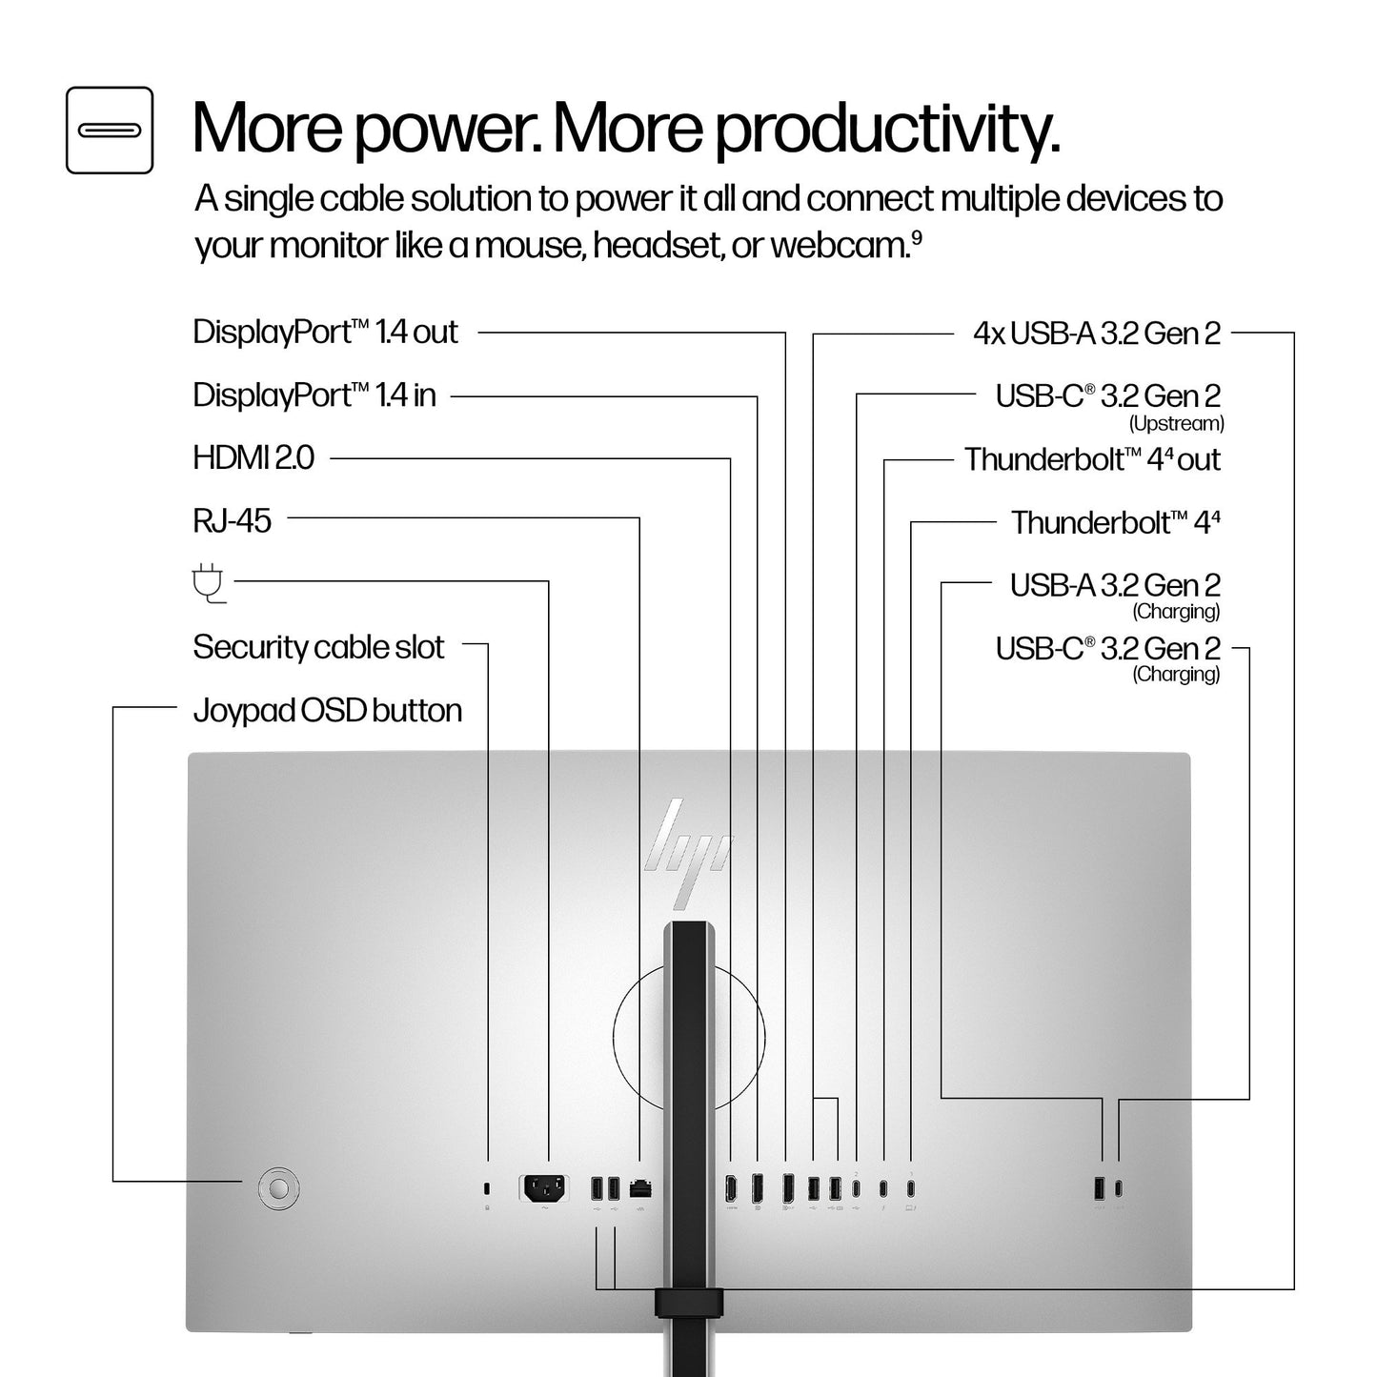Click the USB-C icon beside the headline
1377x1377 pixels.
(x=110, y=130)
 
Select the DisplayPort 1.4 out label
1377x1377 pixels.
(x=325, y=333)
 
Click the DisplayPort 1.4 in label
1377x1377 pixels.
(x=314, y=395)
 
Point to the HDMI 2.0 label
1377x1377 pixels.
(x=253, y=458)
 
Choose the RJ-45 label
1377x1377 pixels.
(x=233, y=521)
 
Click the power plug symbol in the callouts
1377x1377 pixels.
(x=209, y=584)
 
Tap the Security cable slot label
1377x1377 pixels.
(x=318, y=647)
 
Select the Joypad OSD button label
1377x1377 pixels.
(x=327, y=711)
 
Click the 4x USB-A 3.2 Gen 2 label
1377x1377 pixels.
(x=1097, y=334)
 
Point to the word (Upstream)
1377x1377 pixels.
(x=1176, y=424)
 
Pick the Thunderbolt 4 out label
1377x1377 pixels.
(x=1093, y=459)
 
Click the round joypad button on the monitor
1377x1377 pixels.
(x=278, y=1187)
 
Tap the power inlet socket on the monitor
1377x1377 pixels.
(x=544, y=1189)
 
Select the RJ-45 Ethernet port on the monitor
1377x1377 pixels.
(x=640, y=1189)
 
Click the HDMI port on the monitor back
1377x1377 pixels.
(x=731, y=1188)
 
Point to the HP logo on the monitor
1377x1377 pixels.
(x=687, y=853)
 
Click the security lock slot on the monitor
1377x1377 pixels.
(x=487, y=1188)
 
